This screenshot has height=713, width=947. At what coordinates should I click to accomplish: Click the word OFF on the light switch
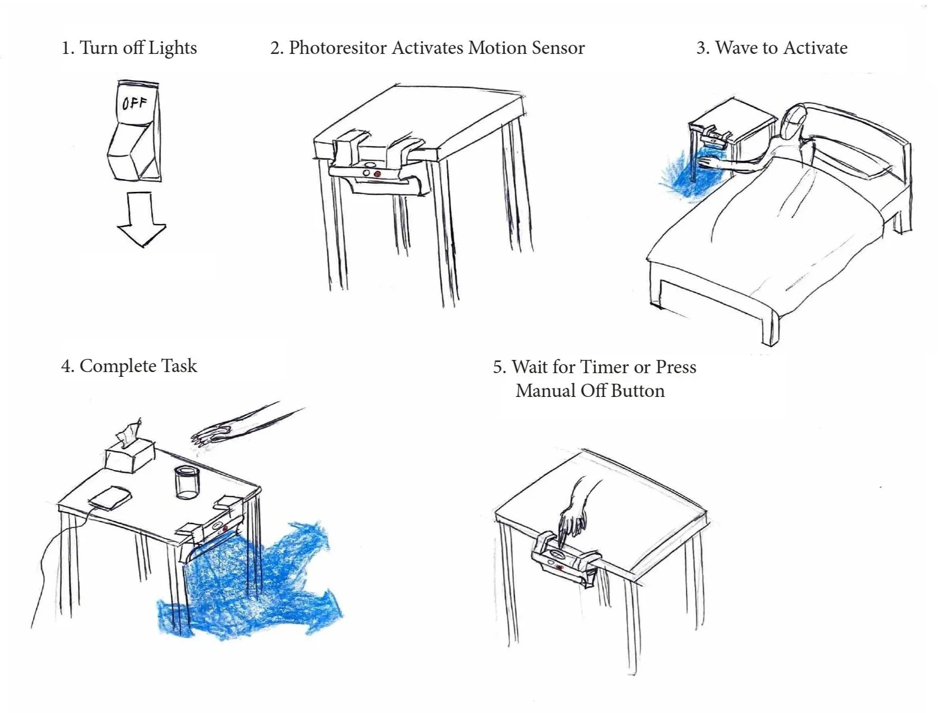pyautogui.click(x=134, y=103)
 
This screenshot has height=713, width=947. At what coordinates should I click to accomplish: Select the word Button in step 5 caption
pyautogui.click(x=637, y=391)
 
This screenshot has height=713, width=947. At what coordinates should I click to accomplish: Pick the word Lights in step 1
pyautogui.click(x=172, y=48)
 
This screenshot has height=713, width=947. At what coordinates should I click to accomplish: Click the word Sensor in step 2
pyautogui.click(x=558, y=48)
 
